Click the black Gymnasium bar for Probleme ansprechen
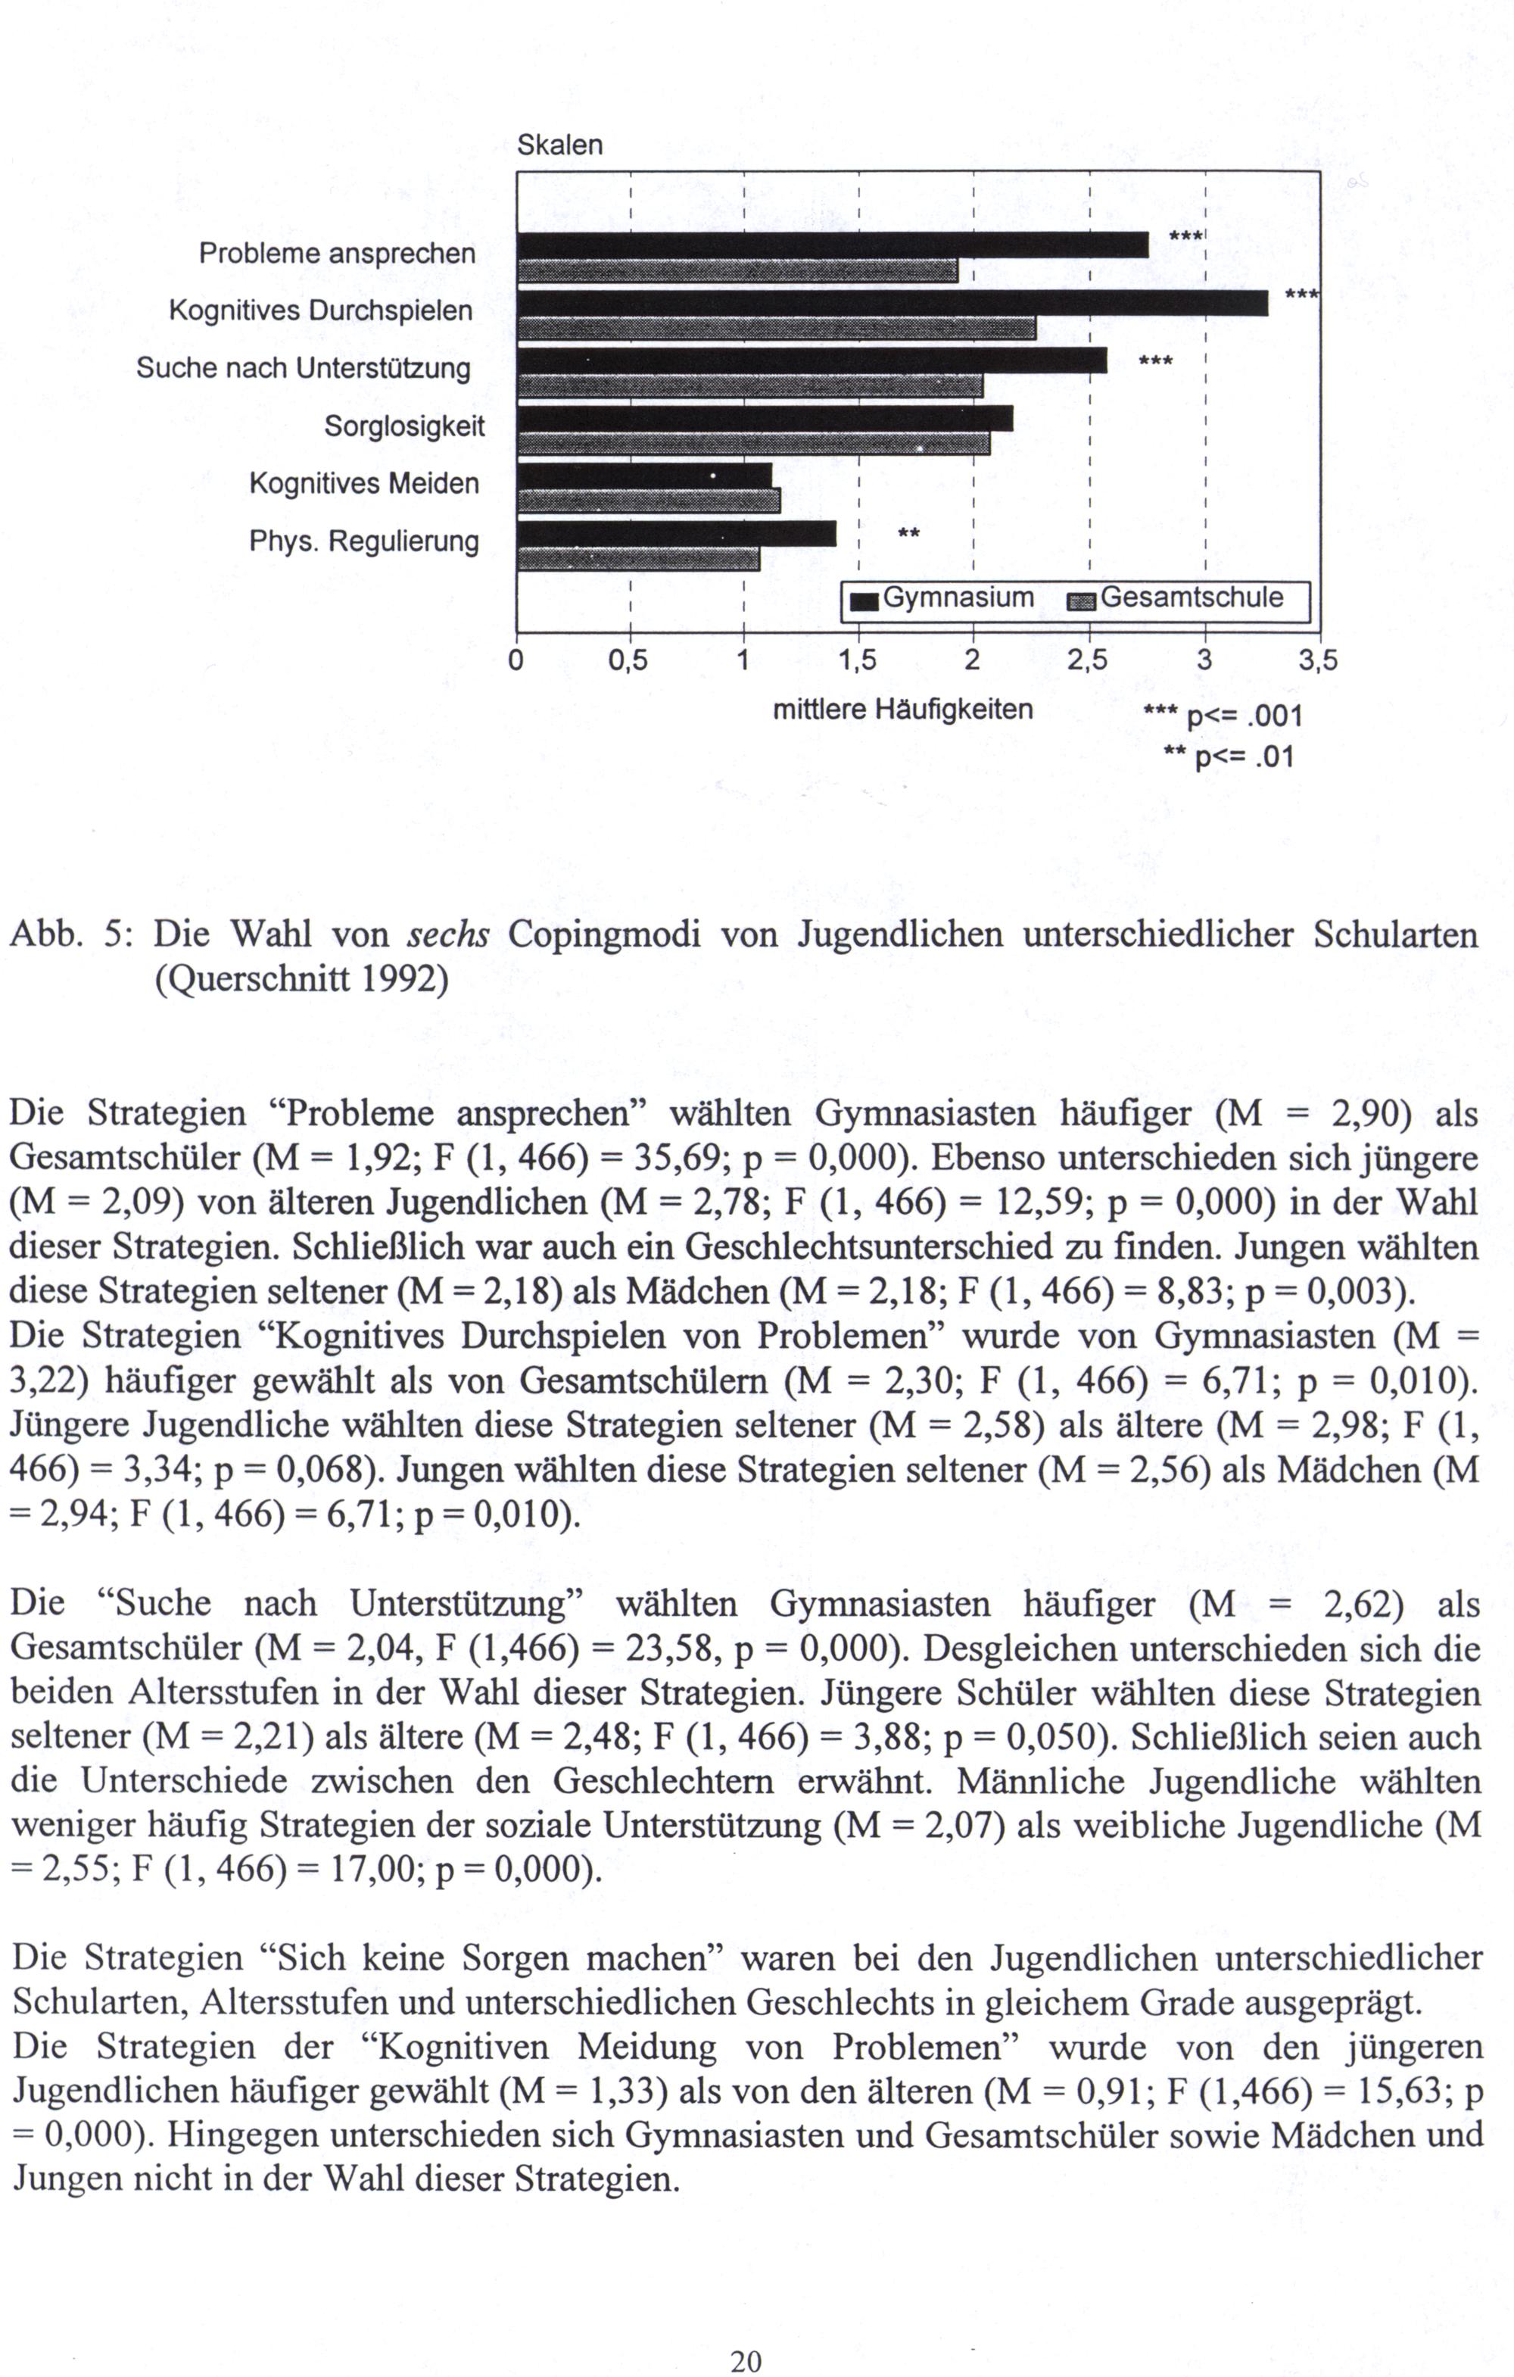pyautogui.click(x=832, y=245)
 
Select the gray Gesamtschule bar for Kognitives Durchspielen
pyautogui.click(x=776, y=329)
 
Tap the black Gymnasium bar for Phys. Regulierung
pyautogui.click(x=676, y=534)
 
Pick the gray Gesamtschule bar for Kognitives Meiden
pyautogui.click(x=649, y=501)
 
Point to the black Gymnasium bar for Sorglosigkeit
pyautogui.click(x=765, y=419)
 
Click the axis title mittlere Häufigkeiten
pyautogui.click(x=902, y=710)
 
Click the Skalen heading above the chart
pyautogui.click(x=559, y=146)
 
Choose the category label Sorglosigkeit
pyautogui.click(x=405, y=426)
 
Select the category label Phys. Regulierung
pyautogui.click(x=363, y=542)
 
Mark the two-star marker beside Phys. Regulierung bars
pyautogui.click(x=908, y=534)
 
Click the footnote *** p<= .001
pyautogui.click(x=1223, y=716)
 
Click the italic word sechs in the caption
pyautogui.click(x=448, y=934)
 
